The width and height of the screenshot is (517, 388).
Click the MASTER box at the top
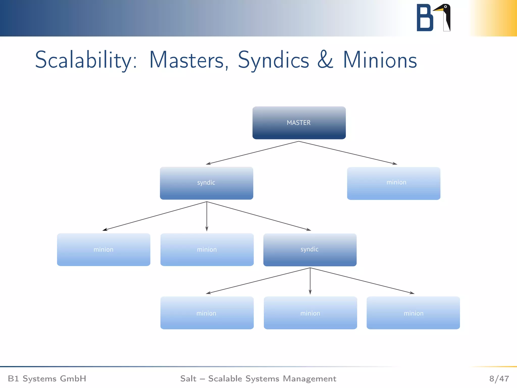coord(299,123)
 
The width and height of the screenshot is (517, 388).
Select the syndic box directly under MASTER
coord(206,183)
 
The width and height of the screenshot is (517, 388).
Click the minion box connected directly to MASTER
coord(394,183)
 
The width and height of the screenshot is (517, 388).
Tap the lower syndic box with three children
coord(310,250)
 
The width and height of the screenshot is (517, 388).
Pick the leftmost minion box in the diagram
coord(104,250)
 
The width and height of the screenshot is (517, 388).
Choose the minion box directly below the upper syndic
coord(207,250)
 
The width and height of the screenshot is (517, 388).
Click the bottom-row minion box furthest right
coord(413,313)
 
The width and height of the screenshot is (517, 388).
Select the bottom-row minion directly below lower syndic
coord(310,313)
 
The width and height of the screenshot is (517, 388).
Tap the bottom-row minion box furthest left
coord(207,313)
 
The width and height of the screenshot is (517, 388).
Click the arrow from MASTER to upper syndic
coord(252,153)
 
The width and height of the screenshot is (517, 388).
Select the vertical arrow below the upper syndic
coord(207,216)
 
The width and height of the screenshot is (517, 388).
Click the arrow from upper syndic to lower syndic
coord(259,216)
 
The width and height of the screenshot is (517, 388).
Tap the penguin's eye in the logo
coord(446,7)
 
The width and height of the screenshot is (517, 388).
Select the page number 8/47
coord(499,378)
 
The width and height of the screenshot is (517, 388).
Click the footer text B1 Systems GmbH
coord(47,378)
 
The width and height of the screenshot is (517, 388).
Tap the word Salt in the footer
coord(188,378)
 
